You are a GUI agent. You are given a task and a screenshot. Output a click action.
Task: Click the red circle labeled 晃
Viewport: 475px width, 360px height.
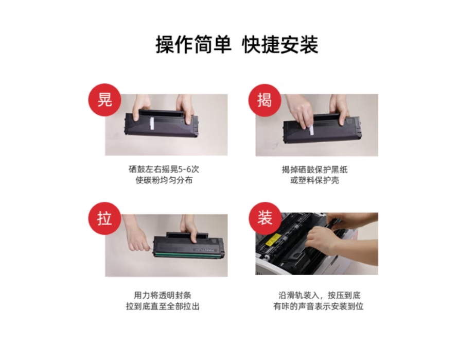[104, 100]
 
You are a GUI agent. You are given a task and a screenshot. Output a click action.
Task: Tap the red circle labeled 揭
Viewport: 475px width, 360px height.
[265, 100]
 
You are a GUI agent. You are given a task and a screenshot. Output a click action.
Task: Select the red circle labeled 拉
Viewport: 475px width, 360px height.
[104, 218]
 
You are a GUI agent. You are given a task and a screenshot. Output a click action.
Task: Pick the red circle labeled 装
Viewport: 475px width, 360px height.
[265, 218]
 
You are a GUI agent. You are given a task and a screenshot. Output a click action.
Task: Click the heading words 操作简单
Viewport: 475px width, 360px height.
[193, 45]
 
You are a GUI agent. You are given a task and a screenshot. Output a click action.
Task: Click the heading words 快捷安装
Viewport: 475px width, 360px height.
[280, 45]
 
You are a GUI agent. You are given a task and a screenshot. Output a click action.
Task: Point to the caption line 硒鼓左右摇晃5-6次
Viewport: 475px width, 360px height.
[164, 169]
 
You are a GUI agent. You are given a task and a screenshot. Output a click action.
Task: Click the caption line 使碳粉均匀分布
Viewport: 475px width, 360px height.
[164, 180]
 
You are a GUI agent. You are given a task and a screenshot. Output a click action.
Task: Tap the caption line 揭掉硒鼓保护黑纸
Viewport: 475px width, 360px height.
[315, 169]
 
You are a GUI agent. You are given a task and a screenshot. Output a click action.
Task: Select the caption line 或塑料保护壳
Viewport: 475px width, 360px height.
[315, 180]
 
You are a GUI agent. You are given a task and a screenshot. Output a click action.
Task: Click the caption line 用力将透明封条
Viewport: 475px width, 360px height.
[163, 295]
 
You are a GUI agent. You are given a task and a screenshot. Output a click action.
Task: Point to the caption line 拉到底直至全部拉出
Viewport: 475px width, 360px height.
[163, 306]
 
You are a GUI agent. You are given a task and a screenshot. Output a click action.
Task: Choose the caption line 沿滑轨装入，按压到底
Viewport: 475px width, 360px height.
[319, 295]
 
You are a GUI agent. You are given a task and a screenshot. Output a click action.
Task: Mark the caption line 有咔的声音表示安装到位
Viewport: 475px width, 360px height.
[319, 306]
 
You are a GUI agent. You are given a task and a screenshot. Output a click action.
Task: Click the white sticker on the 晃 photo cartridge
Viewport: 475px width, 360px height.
[152, 124]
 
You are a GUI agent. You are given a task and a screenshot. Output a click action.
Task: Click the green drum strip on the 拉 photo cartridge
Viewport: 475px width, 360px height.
[186, 255]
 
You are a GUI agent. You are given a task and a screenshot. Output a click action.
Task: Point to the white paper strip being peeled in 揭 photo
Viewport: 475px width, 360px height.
[311, 130]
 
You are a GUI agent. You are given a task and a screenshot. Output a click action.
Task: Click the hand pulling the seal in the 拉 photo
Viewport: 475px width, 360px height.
[138, 237]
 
